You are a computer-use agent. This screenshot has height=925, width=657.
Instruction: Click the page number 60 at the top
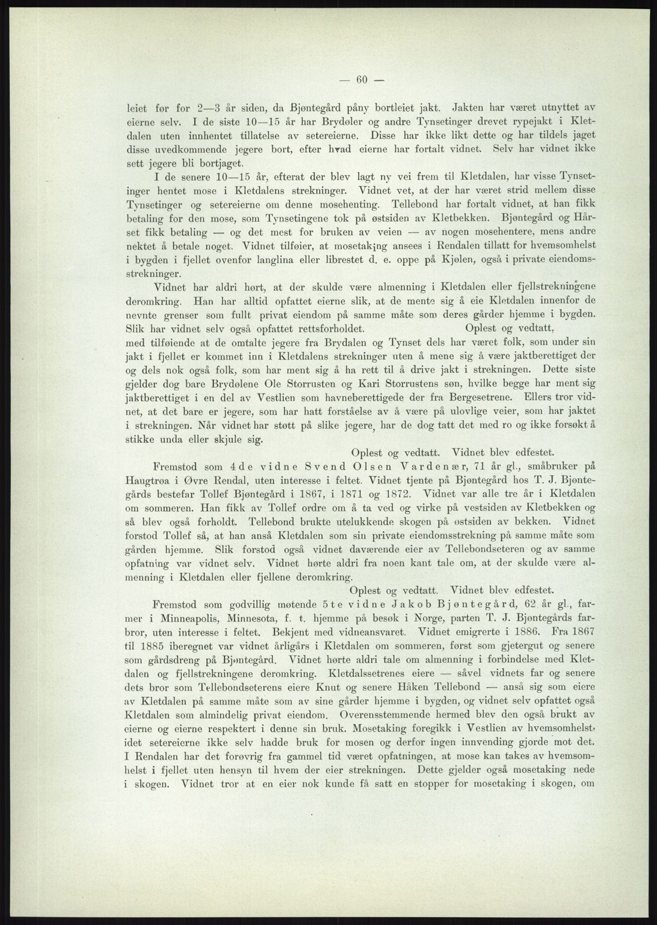pyautogui.click(x=362, y=79)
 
